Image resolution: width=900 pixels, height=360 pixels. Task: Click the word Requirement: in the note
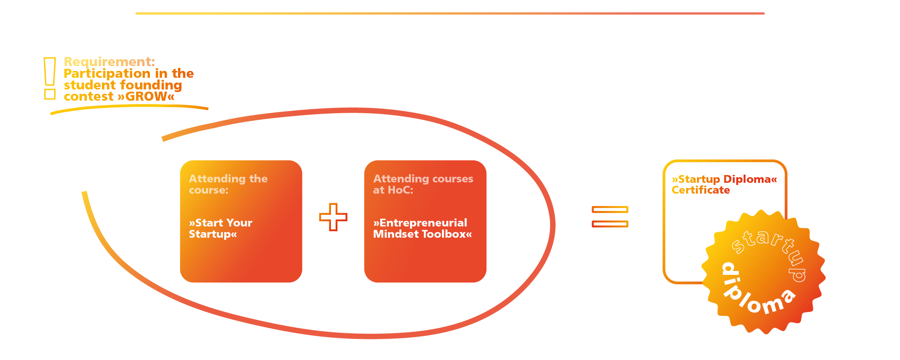[x=109, y=62]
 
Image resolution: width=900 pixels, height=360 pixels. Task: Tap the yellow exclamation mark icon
[x=50, y=78]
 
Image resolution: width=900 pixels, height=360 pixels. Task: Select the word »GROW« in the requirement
[x=146, y=96]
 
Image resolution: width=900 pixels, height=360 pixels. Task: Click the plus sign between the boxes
[x=333, y=217]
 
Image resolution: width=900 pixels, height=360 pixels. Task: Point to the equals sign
[x=610, y=217]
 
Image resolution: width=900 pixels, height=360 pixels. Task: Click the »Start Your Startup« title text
[x=220, y=228]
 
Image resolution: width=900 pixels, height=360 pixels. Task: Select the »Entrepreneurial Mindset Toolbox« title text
[x=423, y=228]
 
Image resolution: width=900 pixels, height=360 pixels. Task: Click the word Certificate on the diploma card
[x=700, y=190]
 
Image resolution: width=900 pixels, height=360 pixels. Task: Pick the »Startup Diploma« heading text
[x=724, y=179]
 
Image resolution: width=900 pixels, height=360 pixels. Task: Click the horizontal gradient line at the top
[x=450, y=13]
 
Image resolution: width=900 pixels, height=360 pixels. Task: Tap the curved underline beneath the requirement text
[x=129, y=108]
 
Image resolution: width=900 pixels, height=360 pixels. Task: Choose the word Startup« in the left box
[x=213, y=234]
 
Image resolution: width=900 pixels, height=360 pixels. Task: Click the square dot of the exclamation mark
[x=50, y=94]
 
